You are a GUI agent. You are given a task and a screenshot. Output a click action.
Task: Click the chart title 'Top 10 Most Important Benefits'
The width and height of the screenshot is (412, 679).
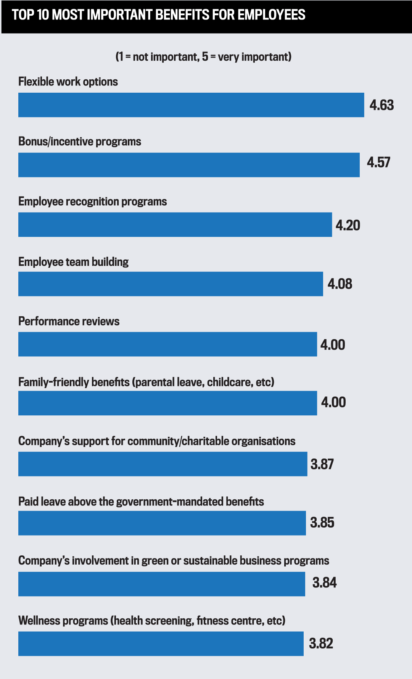click(x=158, y=15)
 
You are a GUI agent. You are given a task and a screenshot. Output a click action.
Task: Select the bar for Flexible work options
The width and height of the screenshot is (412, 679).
click(x=191, y=105)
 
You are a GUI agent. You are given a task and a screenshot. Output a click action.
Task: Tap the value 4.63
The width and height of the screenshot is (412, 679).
click(x=381, y=105)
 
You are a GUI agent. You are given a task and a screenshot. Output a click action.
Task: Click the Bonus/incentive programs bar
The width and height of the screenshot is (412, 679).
click(x=189, y=165)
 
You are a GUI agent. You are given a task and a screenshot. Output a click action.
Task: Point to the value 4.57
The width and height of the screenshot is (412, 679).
click(x=378, y=163)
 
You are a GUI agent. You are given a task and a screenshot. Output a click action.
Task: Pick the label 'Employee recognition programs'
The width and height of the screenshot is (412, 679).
click(x=93, y=201)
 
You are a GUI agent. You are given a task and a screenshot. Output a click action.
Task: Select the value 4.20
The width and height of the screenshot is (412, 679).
click(x=348, y=225)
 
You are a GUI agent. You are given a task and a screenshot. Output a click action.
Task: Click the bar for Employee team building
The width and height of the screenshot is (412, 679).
click(x=171, y=284)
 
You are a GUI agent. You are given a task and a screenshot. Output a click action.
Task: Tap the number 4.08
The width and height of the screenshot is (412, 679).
click(x=340, y=284)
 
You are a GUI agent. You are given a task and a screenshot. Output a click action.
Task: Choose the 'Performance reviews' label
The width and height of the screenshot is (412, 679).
click(x=69, y=321)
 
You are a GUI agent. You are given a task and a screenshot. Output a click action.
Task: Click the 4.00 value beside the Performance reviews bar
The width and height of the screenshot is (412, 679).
click(x=333, y=345)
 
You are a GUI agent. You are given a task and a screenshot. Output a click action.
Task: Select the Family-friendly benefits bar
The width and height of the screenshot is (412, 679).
click(x=167, y=403)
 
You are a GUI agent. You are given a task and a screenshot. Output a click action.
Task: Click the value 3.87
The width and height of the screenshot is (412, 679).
click(x=322, y=464)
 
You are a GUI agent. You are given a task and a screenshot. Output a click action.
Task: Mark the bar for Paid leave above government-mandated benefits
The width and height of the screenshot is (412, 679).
click(x=162, y=523)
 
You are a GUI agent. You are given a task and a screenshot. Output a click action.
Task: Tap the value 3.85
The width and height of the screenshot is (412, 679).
click(x=322, y=523)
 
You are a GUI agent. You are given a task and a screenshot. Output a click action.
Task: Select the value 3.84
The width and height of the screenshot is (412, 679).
click(x=324, y=583)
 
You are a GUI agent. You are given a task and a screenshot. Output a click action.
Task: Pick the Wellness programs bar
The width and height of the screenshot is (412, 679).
click(x=161, y=644)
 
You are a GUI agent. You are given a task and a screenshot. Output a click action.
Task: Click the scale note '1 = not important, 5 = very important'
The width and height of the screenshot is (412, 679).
click(x=203, y=57)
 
